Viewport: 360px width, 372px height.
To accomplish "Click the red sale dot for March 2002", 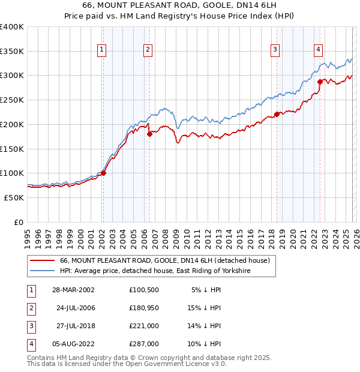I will point(103,173).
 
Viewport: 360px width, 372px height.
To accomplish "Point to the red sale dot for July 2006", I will point(149,134).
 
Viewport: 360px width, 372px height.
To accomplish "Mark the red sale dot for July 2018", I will point(277,114).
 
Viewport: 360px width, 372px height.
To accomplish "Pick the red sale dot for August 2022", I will point(320,82).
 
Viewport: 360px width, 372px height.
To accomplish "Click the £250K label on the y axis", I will point(12,100).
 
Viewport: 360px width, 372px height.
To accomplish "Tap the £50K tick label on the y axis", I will point(14,197).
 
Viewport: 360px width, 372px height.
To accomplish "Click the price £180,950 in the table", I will point(144,308).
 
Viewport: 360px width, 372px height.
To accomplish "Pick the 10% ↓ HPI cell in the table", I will point(206,344).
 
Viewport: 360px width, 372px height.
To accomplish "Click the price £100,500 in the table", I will point(144,290).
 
